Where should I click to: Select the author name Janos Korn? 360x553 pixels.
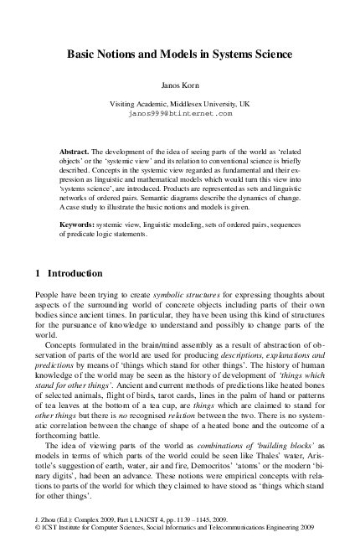pos(179,86)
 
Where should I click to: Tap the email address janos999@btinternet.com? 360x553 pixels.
pos(179,111)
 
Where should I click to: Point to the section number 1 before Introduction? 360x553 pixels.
pos(38,272)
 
